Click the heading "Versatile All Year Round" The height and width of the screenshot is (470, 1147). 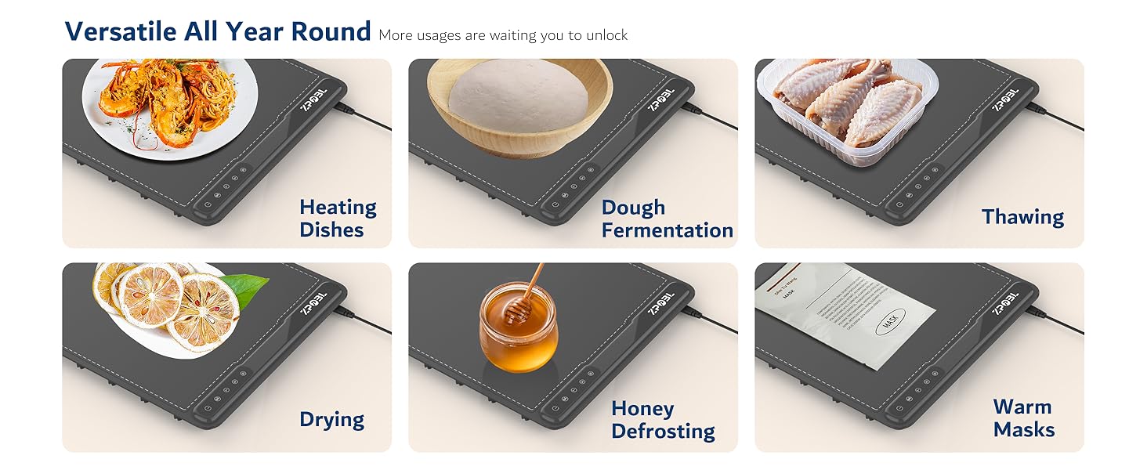click(x=217, y=31)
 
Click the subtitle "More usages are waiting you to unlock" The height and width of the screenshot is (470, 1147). click(x=503, y=35)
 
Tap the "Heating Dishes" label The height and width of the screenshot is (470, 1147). click(x=338, y=219)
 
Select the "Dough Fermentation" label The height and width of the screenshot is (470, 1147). click(x=667, y=219)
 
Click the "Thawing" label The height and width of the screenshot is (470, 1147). click(x=1022, y=217)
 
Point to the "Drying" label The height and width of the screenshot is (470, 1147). click(x=331, y=419)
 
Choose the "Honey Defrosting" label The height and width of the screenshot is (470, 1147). click(x=663, y=420)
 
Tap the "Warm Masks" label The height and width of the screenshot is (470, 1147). click(x=1023, y=418)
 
